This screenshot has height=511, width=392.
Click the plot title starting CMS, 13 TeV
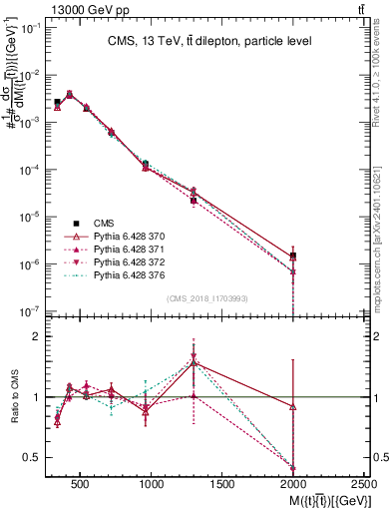(x=209, y=41)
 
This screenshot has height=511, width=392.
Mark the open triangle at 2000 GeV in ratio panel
(x=292, y=406)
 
